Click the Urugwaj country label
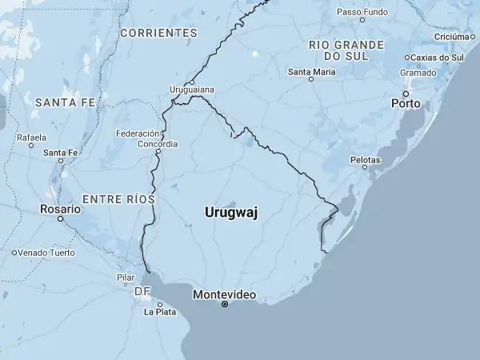tap(231, 212)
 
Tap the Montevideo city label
tap(224, 294)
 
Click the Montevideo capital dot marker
tap(225, 304)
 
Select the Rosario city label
tap(61, 209)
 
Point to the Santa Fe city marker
tap(61, 161)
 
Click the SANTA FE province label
tap(65, 102)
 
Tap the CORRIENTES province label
tap(158, 33)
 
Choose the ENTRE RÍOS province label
tap(118, 198)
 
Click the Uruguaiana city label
tap(192, 90)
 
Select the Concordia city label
tap(158, 144)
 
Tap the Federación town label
tap(138, 134)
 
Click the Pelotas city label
tap(365, 160)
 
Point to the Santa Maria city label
tap(311, 71)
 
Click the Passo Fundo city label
tap(362, 13)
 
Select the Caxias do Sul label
tap(437, 58)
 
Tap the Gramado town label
tap(418, 73)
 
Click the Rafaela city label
tap(31, 137)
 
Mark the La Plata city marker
tap(160, 304)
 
